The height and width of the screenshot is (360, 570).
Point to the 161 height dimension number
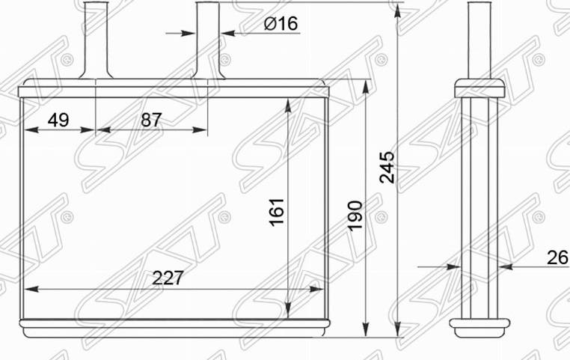point(278,213)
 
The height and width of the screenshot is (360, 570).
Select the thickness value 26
point(557,257)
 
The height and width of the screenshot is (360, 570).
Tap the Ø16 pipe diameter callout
point(281,24)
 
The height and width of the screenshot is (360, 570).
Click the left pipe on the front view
point(96,37)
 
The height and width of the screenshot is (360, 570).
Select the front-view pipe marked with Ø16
point(209,37)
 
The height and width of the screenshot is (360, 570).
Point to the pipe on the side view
point(478,37)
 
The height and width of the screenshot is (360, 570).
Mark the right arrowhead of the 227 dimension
point(320,290)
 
